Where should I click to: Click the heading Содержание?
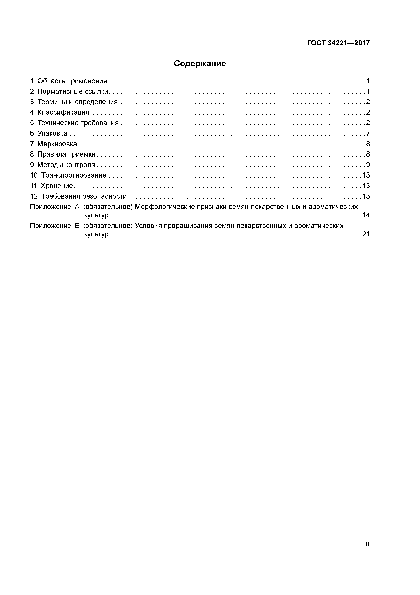[x=200, y=63]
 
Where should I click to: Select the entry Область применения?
[x=72, y=81]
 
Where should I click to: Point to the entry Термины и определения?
[x=77, y=102]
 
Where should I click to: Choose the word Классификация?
[x=63, y=112]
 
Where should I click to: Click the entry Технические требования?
[x=78, y=123]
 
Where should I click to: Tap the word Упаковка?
[x=52, y=133]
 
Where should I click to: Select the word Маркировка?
[x=57, y=144]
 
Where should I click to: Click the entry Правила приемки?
[x=66, y=155]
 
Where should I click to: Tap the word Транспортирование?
[x=74, y=175]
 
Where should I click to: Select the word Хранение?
[x=57, y=186]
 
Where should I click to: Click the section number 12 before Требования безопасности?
[x=34, y=196]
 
